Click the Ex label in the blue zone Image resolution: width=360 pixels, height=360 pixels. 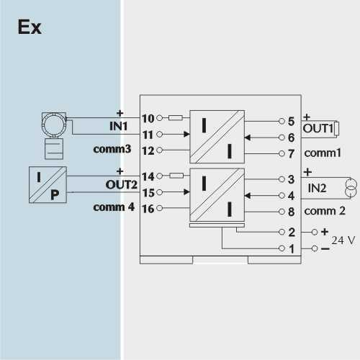click(30, 27)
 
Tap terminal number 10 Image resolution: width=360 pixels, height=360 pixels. click(148, 118)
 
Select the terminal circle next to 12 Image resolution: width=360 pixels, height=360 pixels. click(159, 150)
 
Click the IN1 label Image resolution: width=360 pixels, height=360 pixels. click(118, 126)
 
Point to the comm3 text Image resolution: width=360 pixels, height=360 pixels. click(112, 149)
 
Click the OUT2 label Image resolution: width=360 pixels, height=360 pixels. click(121, 184)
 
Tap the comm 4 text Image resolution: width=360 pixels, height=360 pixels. click(114, 207)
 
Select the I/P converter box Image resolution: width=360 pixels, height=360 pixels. click(48, 185)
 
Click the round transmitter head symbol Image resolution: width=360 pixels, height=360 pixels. click(54, 125)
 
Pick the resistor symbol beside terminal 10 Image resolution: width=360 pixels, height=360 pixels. click(176, 118)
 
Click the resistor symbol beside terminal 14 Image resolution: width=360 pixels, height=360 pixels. click(176, 176)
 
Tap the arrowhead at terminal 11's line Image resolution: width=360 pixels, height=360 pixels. click(186, 134)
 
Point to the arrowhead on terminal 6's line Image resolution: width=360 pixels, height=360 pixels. click(248, 138)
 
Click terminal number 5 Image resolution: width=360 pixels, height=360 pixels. click(291, 121)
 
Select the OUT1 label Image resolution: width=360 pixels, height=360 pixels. click(318, 129)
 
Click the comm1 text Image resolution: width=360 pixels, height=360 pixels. click(323, 153)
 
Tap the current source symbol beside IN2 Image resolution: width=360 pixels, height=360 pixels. click(351, 188)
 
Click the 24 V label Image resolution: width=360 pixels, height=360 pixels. click(343, 240)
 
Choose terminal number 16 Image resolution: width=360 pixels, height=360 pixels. click(148, 209)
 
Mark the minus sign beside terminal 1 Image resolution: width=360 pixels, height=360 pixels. click(325, 249)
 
